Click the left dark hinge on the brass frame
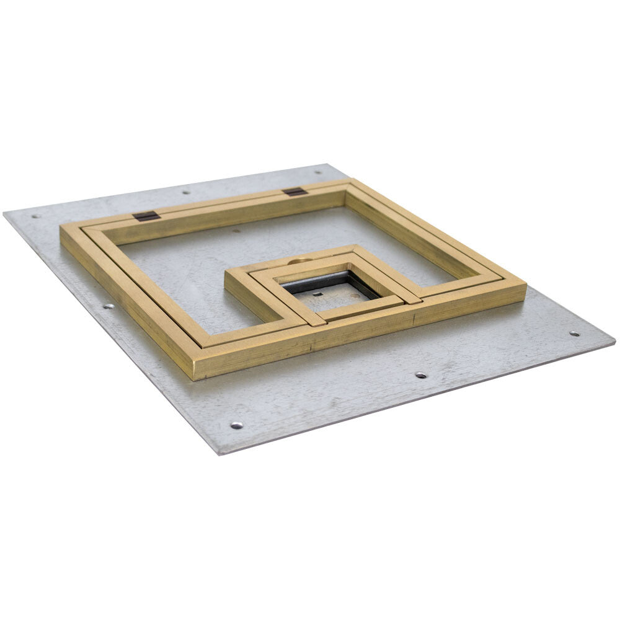pos(146,216)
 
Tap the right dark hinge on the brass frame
pos(295,192)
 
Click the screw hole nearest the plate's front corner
pos(236,425)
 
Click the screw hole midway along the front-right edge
pos(420,375)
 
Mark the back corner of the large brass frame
pos(351,180)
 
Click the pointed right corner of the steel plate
pos(614,340)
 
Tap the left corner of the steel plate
pos(5,213)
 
